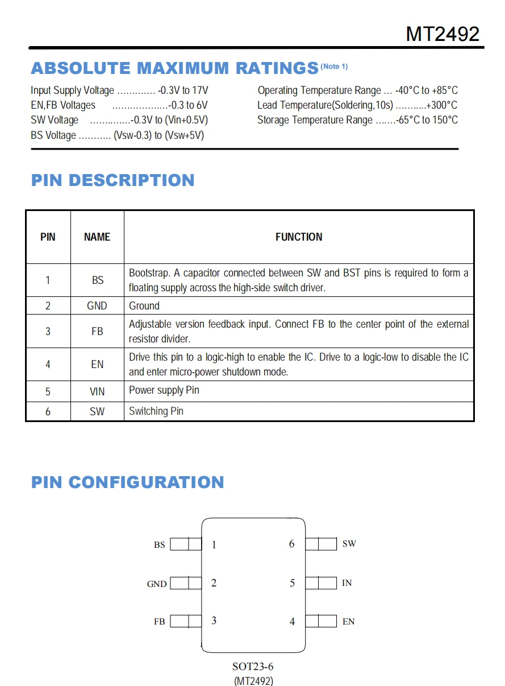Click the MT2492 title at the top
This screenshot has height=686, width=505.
(x=443, y=34)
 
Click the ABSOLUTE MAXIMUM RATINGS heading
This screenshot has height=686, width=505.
(x=174, y=68)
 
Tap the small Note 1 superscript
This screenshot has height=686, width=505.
(x=334, y=67)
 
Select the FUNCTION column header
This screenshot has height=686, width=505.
(x=299, y=237)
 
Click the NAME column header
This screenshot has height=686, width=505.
(x=97, y=237)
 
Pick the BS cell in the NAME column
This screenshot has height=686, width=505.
(x=98, y=280)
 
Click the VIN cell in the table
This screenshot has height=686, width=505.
(x=97, y=391)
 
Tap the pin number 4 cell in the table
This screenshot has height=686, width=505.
(x=48, y=364)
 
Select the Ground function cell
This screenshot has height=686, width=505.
(x=144, y=306)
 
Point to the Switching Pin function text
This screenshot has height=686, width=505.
(x=156, y=411)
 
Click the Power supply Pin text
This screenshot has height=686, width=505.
(x=164, y=390)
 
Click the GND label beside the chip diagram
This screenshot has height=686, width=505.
(x=157, y=584)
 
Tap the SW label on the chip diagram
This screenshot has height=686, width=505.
(x=349, y=544)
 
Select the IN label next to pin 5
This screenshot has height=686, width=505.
(x=347, y=583)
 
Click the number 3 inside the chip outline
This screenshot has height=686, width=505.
(x=214, y=621)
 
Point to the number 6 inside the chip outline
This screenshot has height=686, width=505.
(x=292, y=544)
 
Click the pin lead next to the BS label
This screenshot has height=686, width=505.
(x=186, y=544)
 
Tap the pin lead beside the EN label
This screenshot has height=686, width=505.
(x=321, y=621)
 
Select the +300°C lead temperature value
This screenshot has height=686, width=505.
(x=441, y=105)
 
